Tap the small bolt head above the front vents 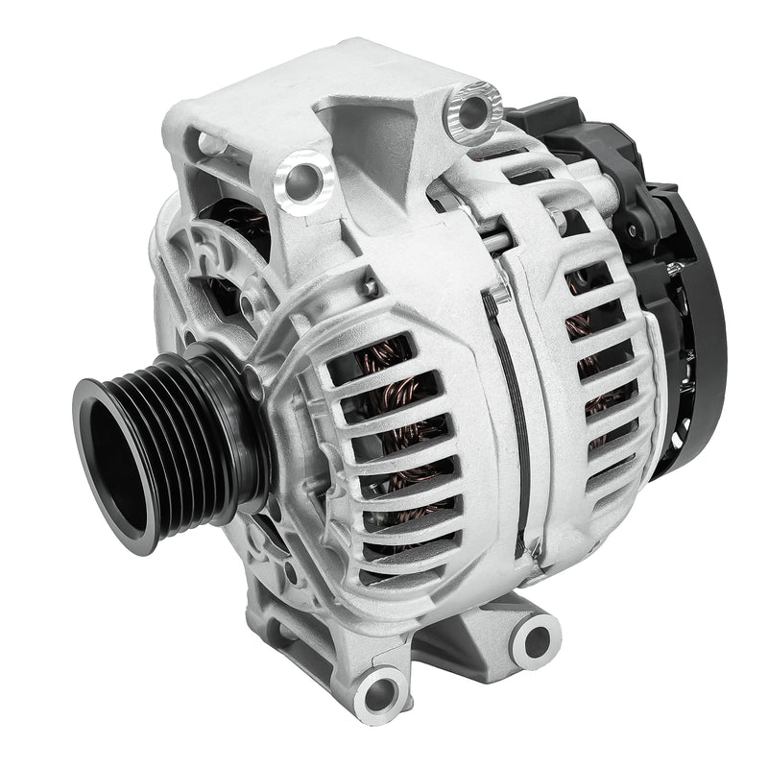click(368, 285)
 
